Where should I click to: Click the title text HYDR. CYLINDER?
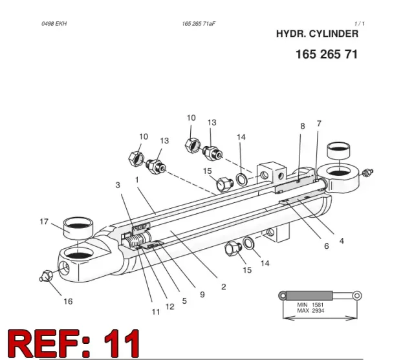[x=317, y=34]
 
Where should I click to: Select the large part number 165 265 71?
[x=327, y=54]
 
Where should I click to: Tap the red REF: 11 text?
[x=73, y=343]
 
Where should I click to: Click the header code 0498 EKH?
[x=54, y=24]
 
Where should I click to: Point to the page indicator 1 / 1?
[x=360, y=24]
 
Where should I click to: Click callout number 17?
[x=44, y=222]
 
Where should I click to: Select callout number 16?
[x=68, y=301]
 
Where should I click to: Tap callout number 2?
[x=224, y=287]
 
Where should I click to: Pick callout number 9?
[x=202, y=295]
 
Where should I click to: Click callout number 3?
[x=118, y=185]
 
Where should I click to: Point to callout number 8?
[x=303, y=126]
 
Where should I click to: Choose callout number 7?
[x=319, y=123]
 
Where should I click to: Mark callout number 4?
[x=342, y=241]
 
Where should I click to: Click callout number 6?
[x=327, y=246]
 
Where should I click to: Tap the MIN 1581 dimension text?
[x=310, y=305]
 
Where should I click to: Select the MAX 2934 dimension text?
[x=310, y=311]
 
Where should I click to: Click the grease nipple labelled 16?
[x=47, y=276]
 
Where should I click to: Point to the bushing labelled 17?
[x=78, y=228]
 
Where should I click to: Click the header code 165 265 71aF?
[x=199, y=24]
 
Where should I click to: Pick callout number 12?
[x=170, y=306]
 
